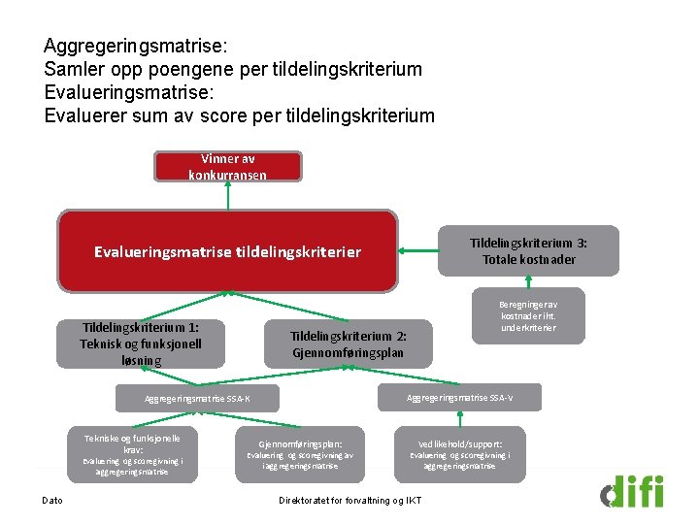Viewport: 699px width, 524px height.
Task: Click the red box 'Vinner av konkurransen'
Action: pyautogui.click(x=227, y=166)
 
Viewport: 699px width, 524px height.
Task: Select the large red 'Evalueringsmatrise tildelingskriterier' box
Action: pyautogui.click(x=227, y=251)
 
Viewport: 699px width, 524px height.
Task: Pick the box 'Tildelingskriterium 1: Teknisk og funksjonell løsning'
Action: pyautogui.click(x=141, y=344)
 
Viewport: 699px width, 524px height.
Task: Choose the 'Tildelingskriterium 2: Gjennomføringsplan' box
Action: pyautogui.click(x=349, y=344)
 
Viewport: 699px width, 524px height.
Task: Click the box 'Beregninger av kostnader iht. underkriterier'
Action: pyautogui.click(x=529, y=315)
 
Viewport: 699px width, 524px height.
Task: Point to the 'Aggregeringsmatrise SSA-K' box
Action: pyautogui.click(x=197, y=399)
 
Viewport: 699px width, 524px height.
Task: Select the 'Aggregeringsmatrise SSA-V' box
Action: pyautogui.click(x=460, y=398)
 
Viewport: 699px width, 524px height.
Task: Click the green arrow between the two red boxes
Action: pyautogui.click(x=228, y=196)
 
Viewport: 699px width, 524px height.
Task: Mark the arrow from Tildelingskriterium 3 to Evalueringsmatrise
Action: pyautogui.click(x=419, y=252)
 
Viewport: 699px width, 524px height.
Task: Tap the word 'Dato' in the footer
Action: pyautogui.click(x=52, y=501)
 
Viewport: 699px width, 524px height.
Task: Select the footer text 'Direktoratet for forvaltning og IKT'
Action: pyautogui.click(x=349, y=501)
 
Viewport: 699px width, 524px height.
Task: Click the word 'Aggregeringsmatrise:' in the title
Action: pyautogui.click(x=134, y=46)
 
